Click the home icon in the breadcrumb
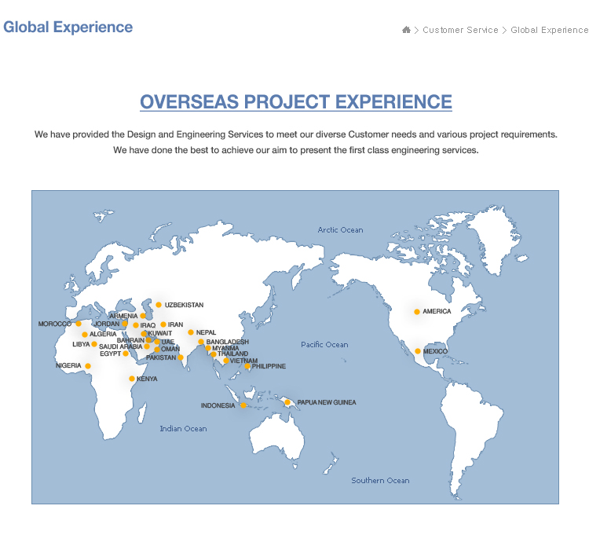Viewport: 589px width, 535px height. [406, 30]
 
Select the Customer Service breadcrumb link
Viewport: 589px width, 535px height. [460, 30]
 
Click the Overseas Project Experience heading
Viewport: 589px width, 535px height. [296, 102]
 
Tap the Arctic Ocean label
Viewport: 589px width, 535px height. [340, 230]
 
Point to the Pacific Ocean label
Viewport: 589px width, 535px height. [324, 345]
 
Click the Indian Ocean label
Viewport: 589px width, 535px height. [183, 429]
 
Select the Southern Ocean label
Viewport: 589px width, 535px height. [380, 481]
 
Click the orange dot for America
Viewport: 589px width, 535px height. [417, 312]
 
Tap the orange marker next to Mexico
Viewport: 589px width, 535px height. [418, 351]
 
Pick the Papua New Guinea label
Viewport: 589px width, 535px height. [327, 402]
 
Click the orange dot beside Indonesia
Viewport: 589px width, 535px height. [243, 405]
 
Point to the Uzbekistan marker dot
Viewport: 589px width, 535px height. [159, 305]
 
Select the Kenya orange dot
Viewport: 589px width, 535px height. [132, 379]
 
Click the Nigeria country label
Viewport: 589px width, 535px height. [68, 365]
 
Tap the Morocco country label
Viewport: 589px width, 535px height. [54, 324]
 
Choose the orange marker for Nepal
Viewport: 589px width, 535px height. [191, 332]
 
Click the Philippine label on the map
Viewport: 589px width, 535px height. [269, 366]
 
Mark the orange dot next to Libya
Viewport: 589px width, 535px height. [94, 344]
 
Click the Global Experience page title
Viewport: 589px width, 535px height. [68, 27]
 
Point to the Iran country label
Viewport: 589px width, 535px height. [175, 324]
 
